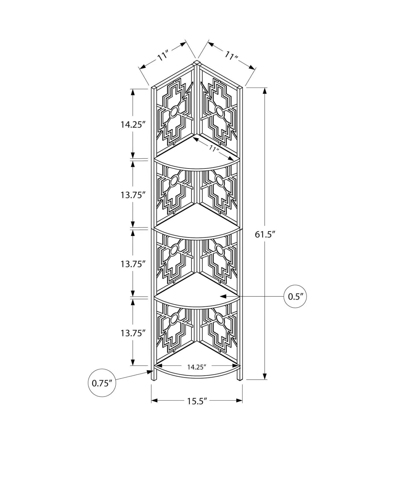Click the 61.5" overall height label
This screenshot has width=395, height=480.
265,234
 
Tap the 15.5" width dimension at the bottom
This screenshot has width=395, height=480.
197,401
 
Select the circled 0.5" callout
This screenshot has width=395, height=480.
295,297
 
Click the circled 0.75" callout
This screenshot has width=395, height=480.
102,383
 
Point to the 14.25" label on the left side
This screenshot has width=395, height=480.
133,125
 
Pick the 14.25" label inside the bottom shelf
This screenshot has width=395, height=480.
197,367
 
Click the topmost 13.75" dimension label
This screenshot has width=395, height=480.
133,195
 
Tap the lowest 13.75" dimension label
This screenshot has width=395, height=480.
133,333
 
